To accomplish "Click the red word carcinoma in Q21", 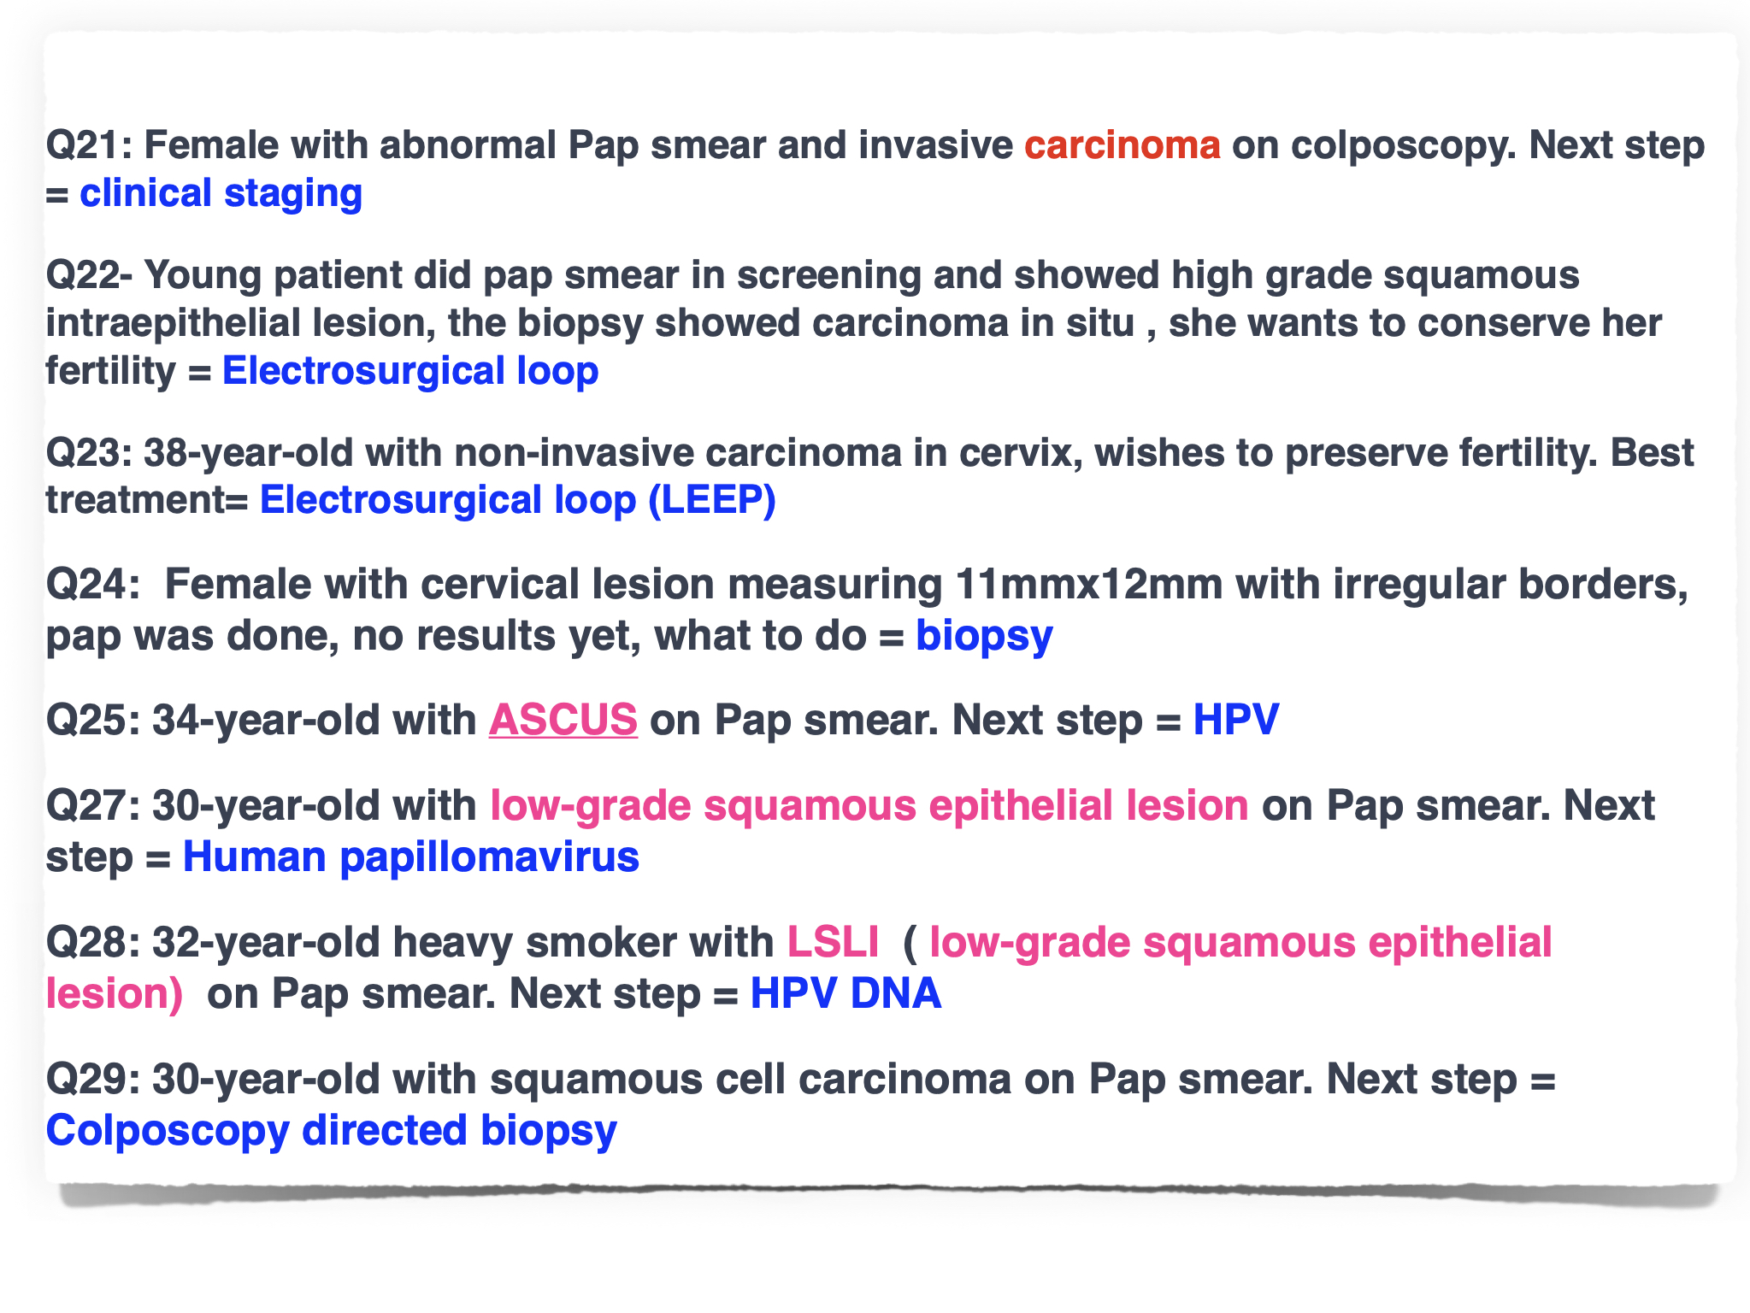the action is click(x=1122, y=145).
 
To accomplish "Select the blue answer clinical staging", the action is click(x=221, y=194).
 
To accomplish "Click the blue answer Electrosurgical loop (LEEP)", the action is click(x=518, y=500).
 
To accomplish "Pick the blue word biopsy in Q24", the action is click(x=984, y=637).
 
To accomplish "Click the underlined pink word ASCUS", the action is click(x=563, y=720).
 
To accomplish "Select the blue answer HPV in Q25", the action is click(x=1236, y=720).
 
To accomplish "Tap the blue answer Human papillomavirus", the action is click(x=411, y=857).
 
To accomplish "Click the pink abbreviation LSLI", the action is click(x=833, y=942).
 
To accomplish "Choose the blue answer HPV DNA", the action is click(x=846, y=993).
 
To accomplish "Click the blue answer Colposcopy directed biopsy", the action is click(x=332, y=1131).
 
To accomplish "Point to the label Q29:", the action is click(x=93, y=1080).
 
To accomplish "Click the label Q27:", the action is click(x=93, y=806).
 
